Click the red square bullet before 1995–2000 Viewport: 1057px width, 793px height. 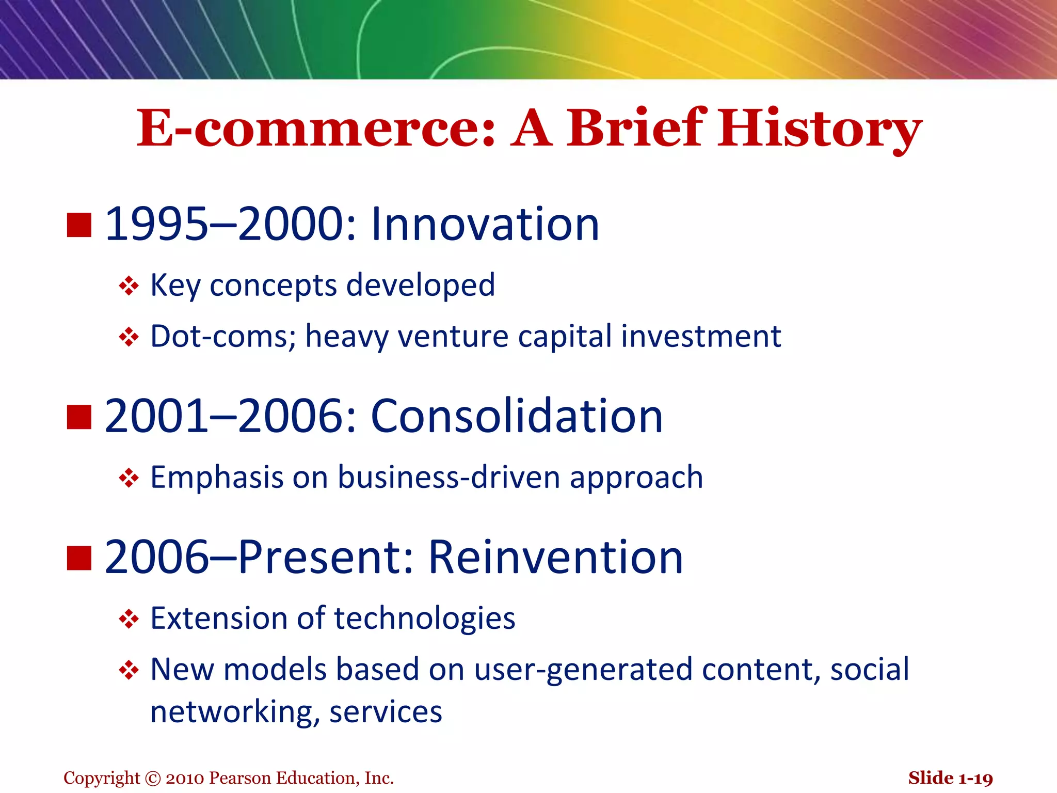coord(79,225)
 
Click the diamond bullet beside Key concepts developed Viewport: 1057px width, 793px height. coord(129,286)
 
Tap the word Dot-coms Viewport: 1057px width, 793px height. coord(222,337)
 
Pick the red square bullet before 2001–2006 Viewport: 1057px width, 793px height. coord(79,417)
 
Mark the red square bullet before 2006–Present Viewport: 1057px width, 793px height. coord(79,558)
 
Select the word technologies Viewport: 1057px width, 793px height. coord(424,619)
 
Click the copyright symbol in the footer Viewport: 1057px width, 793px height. coord(153,779)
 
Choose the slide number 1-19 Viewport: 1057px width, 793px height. coord(975,779)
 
